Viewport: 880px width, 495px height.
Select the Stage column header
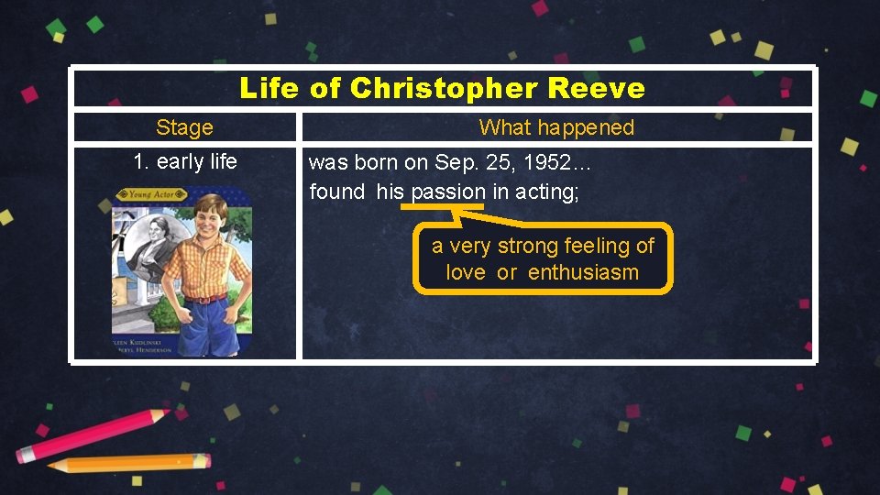(x=184, y=127)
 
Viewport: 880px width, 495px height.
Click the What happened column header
(x=556, y=127)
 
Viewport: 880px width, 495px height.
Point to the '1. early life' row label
(x=184, y=162)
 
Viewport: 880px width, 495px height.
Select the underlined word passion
(x=448, y=192)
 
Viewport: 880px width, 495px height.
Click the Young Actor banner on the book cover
(x=152, y=194)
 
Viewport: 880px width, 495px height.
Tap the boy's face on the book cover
(x=210, y=217)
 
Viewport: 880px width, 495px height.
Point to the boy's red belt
(x=205, y=298)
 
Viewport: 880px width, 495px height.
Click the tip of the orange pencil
(x=52, y=467)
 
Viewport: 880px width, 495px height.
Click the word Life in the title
(x=269, y=89)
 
